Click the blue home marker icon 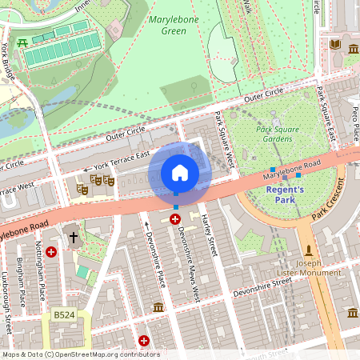pyautogui.click(x=180, y=173)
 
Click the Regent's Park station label pyautogui.click(x=285, y=194)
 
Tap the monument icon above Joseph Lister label pyautogui.click(x=308, y=250)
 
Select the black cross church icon pyautogui.click(x=74, y=237)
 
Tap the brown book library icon pyautogui.click(x=334, y=44)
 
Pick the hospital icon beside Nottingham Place pyautogui.click(x=51, y=251)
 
